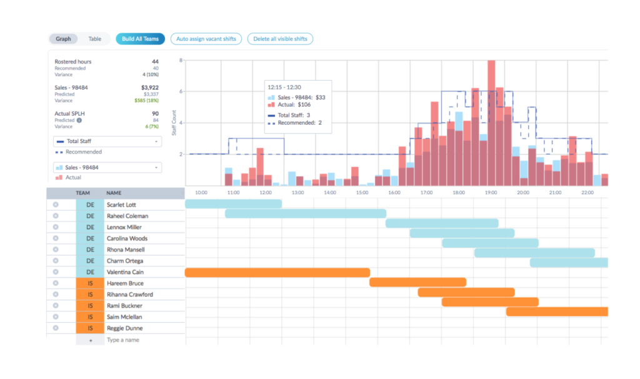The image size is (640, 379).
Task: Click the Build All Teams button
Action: [x=140, y=39]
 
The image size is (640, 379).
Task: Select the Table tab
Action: [x=95, y=39]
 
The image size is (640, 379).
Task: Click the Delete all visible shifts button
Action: [x=280, y=39]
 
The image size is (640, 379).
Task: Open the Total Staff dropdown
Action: [x=107, y=141]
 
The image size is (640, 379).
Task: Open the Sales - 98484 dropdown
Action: [x=107, y=167]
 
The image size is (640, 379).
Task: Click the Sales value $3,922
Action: [x=150, y=87]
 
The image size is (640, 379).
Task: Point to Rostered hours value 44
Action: [x=155, y=62]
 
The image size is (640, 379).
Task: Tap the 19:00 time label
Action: [x=491, y=193]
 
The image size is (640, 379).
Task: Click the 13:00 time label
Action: [x=297, y=193]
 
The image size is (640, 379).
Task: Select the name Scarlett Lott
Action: [x=121, y=205]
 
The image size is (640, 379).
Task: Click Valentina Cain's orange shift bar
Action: [x=277, y=272]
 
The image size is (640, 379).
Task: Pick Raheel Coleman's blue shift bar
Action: [x=306, y=214]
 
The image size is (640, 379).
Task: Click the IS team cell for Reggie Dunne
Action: [x=90, y=328]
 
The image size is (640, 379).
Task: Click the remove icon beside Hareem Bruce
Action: [x=56, y=283]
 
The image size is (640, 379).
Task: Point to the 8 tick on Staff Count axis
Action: [x=181, y=61]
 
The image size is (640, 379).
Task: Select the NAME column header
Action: [x=114, y=193]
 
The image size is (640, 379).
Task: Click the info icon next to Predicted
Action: [x=79, y=121]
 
